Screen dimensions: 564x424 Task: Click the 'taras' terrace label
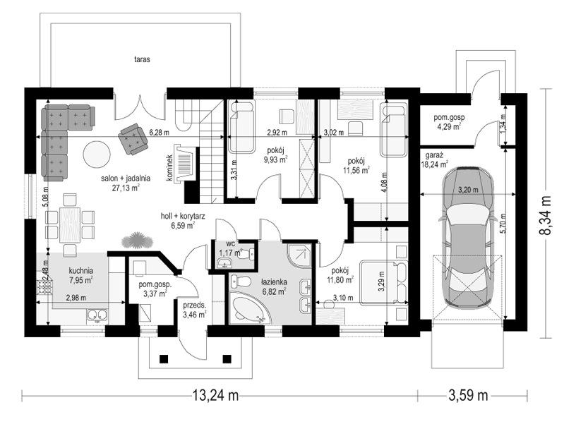point(142,59)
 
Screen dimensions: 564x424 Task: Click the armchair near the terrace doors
point(133,139)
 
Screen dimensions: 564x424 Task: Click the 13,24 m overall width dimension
point(215,396)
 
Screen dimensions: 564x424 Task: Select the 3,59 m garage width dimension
point(468,396)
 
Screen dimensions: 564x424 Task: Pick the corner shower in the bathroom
point(299,255)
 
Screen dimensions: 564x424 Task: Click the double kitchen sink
point(97,315)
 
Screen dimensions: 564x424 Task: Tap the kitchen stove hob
point(44,288)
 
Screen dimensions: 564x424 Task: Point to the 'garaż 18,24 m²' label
point(435,160)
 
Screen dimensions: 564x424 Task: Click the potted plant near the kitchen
point(136,241)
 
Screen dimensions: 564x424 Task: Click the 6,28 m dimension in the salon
point(159,133)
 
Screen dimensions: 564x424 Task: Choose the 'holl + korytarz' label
point(183,216)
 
